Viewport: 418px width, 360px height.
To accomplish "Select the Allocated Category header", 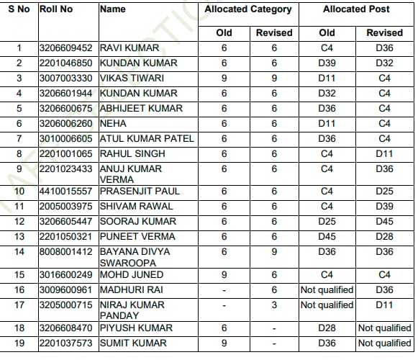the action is point(248,9).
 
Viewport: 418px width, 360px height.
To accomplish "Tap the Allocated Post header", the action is point(356,9).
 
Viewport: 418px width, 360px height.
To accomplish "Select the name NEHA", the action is point(112,123).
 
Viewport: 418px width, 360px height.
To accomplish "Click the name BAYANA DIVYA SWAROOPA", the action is point(135,257).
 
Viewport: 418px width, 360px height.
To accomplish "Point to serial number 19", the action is point(19,343).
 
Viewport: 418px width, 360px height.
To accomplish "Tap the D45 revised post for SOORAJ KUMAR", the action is point(385,222).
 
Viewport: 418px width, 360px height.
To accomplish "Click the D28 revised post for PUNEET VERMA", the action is point(385,237).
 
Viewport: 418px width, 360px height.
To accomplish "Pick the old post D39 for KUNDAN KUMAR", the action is point(327,63).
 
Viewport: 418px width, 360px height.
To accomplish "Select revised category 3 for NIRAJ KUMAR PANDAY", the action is point(274,305).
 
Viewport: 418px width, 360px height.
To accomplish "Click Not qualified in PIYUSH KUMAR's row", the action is point(385,328).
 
